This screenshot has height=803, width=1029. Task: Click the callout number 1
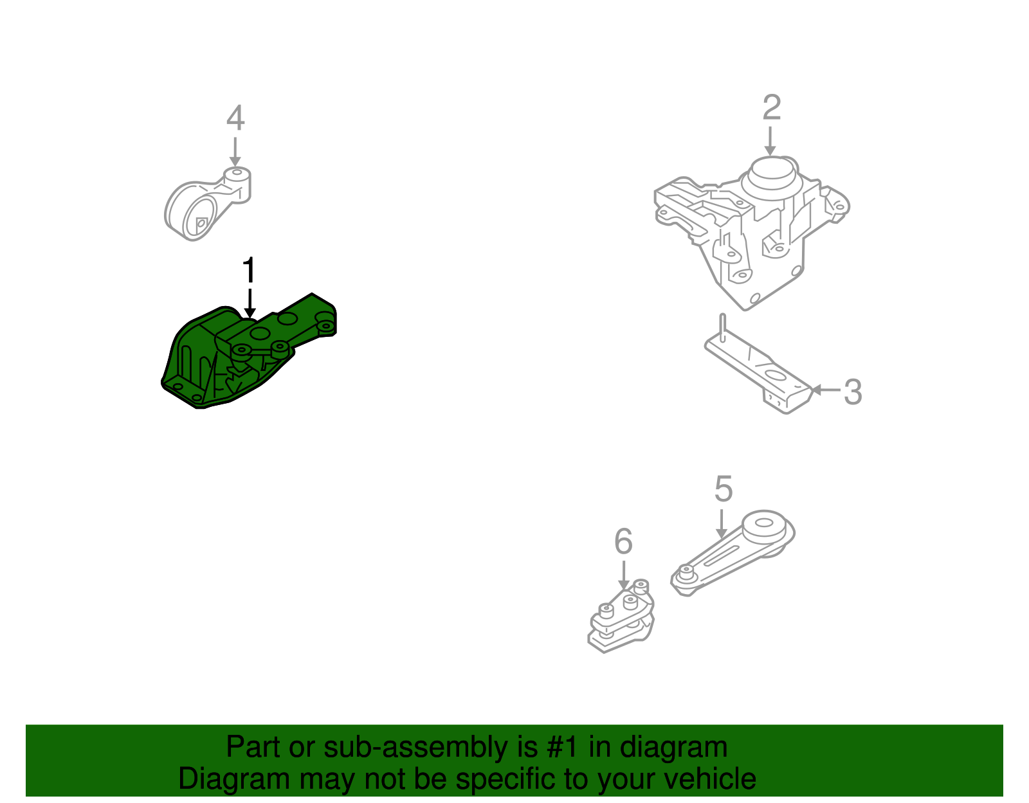coord(249,271)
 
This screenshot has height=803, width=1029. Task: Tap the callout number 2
coord(771,108)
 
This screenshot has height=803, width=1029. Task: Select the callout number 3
coord(852,392)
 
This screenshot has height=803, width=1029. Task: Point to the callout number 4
coord(235,119)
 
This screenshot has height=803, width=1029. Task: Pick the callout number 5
coord(724,490)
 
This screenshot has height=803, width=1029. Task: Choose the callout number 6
coord(623,542)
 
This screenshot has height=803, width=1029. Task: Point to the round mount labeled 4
coord(206,206)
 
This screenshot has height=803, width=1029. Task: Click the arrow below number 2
coord(770,141)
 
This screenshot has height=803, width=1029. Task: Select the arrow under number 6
coord(623,575)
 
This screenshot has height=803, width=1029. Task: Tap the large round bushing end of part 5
coord(765,527)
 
